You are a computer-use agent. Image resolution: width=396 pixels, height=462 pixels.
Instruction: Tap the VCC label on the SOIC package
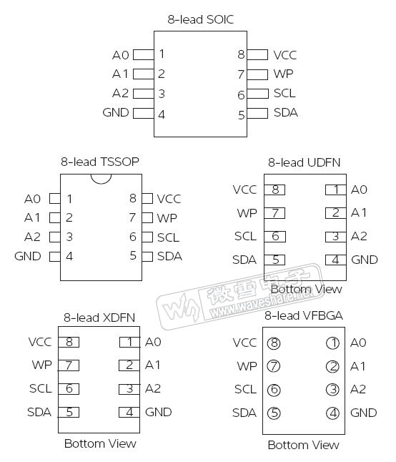(x=284, y=55)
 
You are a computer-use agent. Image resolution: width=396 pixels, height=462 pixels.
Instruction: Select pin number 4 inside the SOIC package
(x=162, y=113)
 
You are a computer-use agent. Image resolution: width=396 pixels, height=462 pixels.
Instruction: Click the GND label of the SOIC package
(x=116, y=112)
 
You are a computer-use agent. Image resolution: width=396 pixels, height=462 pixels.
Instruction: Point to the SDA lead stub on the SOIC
(x=259, y=113)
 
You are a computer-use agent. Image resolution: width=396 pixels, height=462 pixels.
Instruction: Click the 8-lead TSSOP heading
(x=99, y=162)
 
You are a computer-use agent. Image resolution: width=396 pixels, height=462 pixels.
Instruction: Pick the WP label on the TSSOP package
(x=166, y=217)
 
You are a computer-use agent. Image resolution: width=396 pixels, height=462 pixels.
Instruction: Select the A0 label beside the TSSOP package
(x=32, y=199)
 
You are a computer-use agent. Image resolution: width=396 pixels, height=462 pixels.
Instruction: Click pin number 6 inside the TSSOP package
(x=132, y=237)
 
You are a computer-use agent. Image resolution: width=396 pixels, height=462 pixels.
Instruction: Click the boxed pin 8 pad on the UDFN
(x=274, y=190)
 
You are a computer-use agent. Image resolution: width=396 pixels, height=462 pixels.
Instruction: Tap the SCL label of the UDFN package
(x=245, y=236)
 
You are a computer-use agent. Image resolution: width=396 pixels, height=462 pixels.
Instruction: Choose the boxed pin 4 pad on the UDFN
(x=335, y=260)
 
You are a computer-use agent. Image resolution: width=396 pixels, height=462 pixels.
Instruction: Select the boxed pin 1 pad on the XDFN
(x=129, y=342)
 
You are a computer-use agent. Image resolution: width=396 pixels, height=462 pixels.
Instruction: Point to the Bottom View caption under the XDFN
(x=100, y=443)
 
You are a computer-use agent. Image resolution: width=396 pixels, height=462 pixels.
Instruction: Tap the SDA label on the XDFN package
(x=39, y=412)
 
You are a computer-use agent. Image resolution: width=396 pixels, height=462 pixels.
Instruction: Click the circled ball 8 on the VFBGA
(x=274, y=343)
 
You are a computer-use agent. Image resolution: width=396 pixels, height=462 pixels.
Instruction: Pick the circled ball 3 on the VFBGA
(x=332, y=390)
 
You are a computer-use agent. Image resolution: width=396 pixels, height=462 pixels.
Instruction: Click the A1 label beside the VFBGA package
(x=358, y=366)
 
